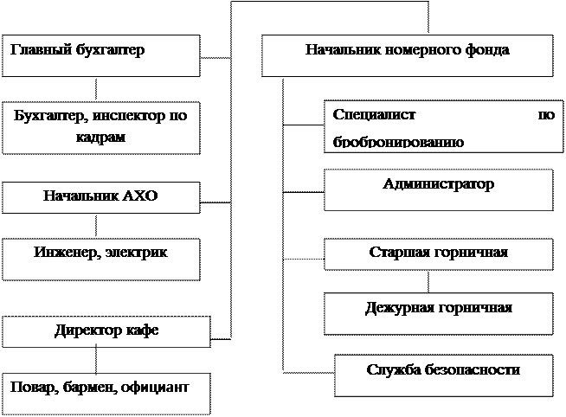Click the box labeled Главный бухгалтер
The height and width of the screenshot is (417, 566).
pyautogui.click(x=100, y=55)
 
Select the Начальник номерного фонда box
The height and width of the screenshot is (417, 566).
pyautogui.click(x=407, y=55)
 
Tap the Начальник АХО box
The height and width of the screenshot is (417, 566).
pyautogui.click(x=100, y=197)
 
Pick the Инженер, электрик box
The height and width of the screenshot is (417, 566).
pyautogui.click(x=100, y=259)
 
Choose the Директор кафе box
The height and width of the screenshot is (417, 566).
pyautogui.click(x=106, y=332)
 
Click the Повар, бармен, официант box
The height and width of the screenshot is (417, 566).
pyautogui.click(x=106, y=394)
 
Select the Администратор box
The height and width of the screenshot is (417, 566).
pyautogui.click(x=439, y=189)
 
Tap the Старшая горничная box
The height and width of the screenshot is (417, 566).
pyautogui.click(x=439, y=254)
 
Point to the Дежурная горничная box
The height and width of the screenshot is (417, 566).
pyautogui.click(x=439, y=314)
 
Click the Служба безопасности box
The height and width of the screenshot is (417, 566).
pyautogui.click(x=444, y=375)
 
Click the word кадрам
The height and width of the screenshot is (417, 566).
pyautogui.click(x=100, y=138)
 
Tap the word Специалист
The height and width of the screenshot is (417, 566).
pyautogui.click(x=374, y=115)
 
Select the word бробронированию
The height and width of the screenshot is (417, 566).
pyautogui.click(x=398, y=142)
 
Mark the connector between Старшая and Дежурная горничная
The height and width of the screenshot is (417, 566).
pyautogui.click(x=428, y=281)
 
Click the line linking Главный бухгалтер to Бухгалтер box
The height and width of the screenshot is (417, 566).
pyautogui.click(x=96, y=89)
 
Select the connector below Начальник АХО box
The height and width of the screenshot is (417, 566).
pyautogui.click(x=96, y=226)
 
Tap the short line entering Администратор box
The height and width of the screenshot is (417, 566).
pyautogui.click(x=303, y=192)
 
